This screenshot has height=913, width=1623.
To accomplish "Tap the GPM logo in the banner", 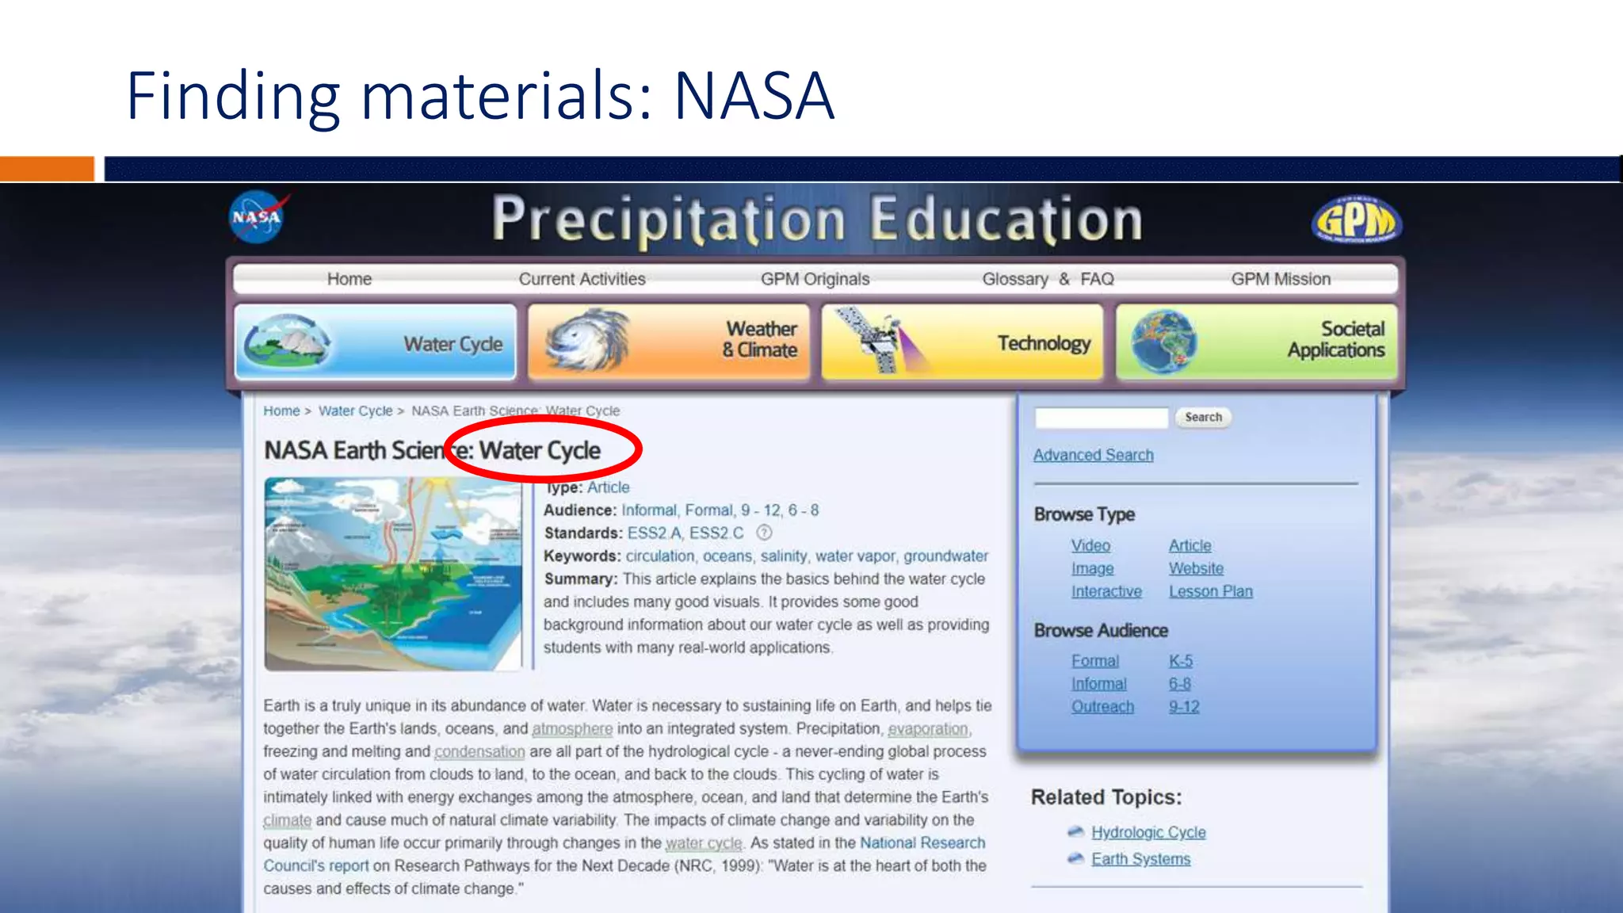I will click(1356, 220).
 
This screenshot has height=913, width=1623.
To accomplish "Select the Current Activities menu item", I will click(582, 279).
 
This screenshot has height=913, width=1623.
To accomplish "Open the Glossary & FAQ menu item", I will click(1048, 279).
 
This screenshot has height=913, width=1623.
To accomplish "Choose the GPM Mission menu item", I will click(1281, 279).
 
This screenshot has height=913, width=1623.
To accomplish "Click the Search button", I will click(1203, 417).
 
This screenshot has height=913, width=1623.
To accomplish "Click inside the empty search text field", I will click(1101, 418).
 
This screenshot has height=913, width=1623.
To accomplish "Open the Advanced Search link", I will click(1093, 455).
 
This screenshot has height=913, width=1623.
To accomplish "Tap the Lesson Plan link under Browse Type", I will click(1210, 591).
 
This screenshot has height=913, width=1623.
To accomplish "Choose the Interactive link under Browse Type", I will click(1106, 591).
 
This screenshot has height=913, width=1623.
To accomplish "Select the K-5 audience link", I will click(1180, 661).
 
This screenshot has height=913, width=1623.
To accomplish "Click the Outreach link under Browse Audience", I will click(1102, 707).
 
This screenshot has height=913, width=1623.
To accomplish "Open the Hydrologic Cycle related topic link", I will click(1148, 832).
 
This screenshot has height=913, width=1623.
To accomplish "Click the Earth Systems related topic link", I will click(1140, 859).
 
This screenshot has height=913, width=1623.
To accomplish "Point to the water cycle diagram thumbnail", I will click(393, 574).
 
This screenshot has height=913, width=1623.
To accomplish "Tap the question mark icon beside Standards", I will click(764, 533).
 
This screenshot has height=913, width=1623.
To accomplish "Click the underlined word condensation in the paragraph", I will click(479, 751).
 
